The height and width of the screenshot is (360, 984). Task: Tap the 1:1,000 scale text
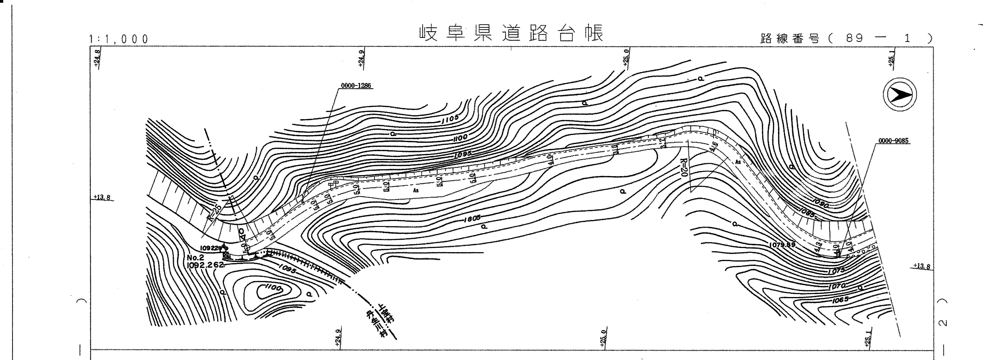pos(118,39)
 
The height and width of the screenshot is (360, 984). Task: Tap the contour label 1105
pos(450,120)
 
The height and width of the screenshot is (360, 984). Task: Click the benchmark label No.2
pos(196,258)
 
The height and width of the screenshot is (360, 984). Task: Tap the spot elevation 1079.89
pos(783,244)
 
